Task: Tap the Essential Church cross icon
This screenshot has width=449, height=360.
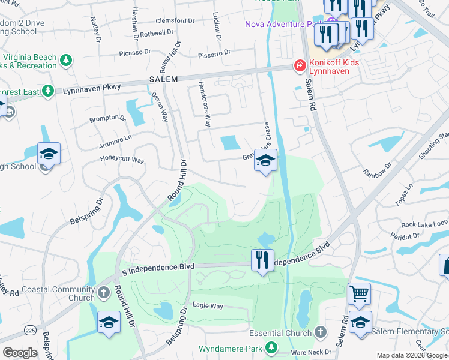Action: [x=320, y=332]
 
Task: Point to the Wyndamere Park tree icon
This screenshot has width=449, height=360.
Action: [x=271, y=347]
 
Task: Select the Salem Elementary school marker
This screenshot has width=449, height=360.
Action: [x=360, y=323]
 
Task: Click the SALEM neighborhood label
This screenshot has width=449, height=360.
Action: [x=163, y=79]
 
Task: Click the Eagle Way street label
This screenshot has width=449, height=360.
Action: [x=208, y=306]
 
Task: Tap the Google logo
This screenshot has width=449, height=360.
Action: [x=20, y=353]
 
